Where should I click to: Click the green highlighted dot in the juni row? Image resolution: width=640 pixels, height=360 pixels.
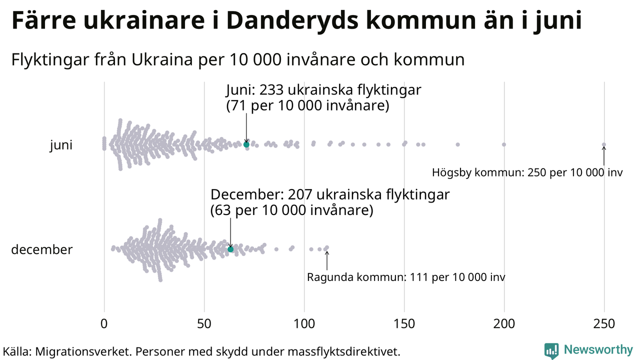coord(246,144)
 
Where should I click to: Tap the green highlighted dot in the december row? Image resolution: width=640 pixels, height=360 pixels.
coord(230,249)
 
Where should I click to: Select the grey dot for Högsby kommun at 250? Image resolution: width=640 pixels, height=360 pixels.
coord(604,144)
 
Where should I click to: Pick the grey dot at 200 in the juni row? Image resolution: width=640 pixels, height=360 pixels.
coord(504,144)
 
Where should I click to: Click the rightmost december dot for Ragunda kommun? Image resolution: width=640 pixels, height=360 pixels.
coord(327,247)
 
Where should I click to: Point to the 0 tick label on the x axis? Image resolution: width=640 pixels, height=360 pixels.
coord(104,324)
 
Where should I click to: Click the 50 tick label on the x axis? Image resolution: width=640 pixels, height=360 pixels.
coord(204,324)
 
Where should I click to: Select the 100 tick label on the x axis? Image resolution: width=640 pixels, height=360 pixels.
coord(304,324)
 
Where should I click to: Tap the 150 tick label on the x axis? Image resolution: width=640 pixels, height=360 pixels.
coord(404,324)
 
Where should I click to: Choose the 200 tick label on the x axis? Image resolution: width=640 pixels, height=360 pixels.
coord(504,324)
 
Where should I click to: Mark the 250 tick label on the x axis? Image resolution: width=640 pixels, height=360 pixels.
coord(604,324)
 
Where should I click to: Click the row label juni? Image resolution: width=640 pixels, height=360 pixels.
coord(61,145)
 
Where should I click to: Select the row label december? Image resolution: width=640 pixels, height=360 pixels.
coord(42,249)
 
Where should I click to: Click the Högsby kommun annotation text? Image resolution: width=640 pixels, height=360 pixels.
coord(527,173)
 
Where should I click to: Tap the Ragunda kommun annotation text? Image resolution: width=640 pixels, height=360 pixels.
coord(406,277)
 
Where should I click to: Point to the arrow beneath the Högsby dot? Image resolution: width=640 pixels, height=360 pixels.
coord(604,156)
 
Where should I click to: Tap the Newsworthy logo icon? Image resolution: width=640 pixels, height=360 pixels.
coord(551,350)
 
